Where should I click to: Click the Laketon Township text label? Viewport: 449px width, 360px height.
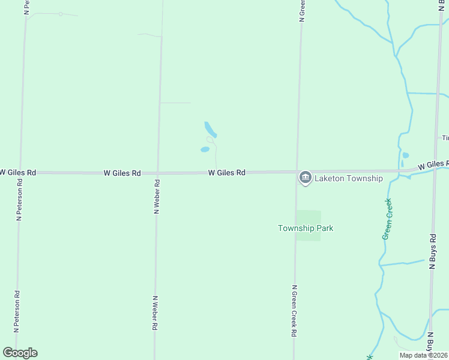tap(348, 178)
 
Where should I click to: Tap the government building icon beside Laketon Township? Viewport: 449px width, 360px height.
tap(305, 178)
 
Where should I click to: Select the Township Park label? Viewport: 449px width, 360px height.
tap(305, 228)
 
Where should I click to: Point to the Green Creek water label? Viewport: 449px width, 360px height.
tap(388, 218)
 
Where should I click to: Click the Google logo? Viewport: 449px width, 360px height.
tap(20, 353)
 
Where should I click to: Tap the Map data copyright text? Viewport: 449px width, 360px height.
tap(423, 355)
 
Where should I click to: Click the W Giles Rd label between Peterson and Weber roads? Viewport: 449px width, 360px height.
tap(122, 173)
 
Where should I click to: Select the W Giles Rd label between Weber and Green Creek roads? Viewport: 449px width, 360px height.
tap(227, 173)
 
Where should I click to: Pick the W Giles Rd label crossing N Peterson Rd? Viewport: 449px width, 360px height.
tap(18, 172)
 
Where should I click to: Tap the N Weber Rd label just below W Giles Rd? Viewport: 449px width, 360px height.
tap(156, 197)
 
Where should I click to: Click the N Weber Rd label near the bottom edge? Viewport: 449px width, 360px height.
tap(155, 313)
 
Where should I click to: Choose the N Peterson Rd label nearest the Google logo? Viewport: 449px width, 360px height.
tap(17, 311)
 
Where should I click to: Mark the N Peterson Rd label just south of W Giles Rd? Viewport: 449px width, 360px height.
tap(19, 205)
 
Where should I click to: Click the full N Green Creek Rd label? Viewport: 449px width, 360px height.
tap(294, 310)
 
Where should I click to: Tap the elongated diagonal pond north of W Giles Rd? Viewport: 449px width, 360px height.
tap(210, 130)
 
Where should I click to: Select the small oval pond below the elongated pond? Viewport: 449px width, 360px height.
tap(205, 149)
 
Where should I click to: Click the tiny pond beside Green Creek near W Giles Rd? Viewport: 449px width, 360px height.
tap(405, 155)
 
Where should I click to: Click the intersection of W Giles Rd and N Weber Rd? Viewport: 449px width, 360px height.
tap(157, 173)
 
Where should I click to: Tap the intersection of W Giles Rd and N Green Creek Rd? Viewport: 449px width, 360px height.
tap(297, 172)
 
